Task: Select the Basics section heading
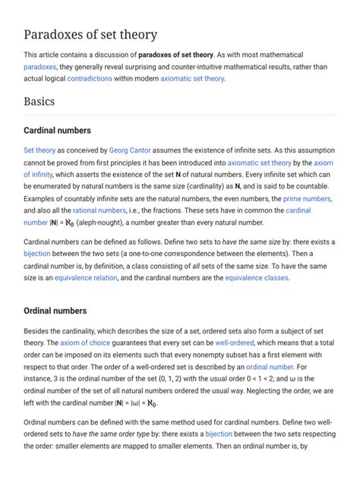(39, 101)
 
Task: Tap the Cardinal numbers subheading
(58, 130)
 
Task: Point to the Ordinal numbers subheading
(55, 311)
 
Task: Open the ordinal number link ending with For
(270, 367)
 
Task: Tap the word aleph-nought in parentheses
(101, 222)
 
